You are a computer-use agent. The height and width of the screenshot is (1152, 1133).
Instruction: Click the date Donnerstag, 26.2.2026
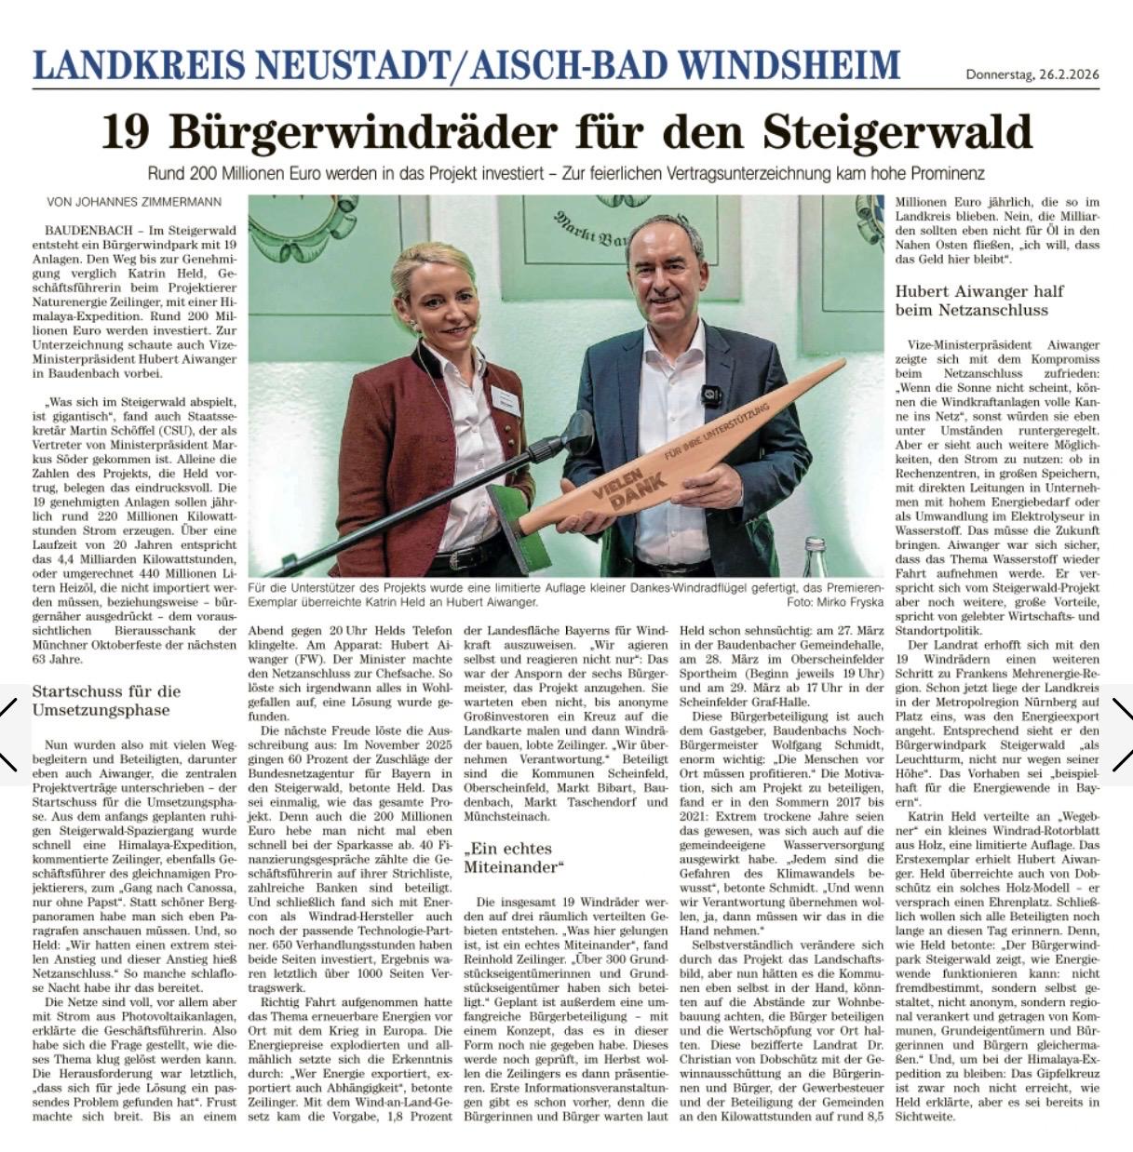(1032, 75)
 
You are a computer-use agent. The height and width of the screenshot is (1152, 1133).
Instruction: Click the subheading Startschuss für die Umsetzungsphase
(106, 701)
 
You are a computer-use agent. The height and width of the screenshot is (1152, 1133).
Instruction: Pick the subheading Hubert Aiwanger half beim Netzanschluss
(978, 301)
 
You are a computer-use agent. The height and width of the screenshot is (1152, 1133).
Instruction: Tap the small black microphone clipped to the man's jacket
(712, 394)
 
